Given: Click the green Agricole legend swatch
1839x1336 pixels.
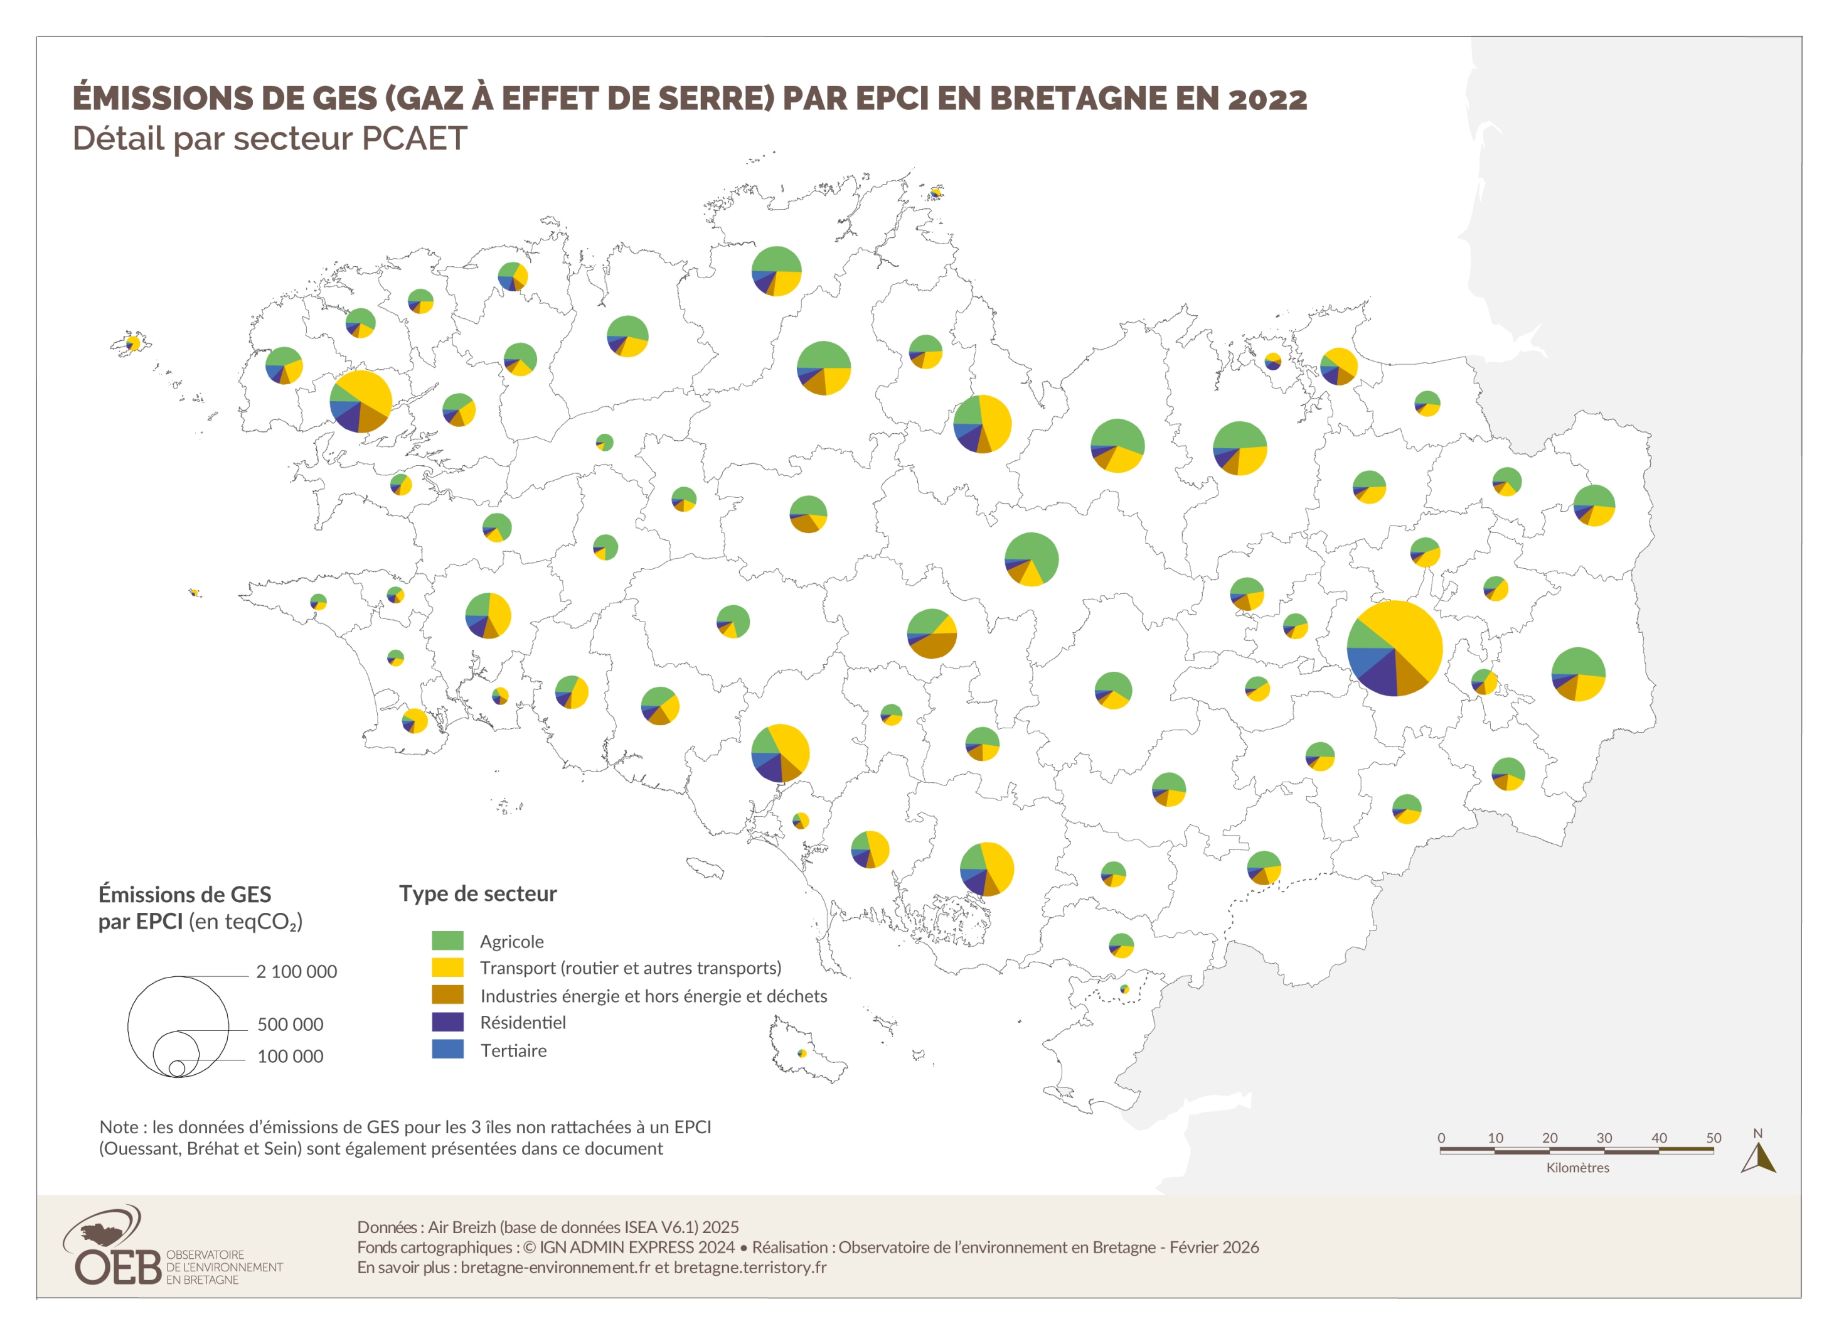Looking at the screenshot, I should point(447,941).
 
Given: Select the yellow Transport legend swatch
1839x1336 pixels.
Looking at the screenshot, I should point(447,967).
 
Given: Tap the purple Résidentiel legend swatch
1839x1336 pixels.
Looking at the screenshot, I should point(447,1022).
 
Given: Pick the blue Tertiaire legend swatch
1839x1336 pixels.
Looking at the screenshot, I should point(447,1050).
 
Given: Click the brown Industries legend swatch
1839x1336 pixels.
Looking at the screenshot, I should point(447,995).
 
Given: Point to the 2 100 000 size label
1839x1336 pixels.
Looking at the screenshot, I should point(296,972).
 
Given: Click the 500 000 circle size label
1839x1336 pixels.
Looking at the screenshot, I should point(291,1025).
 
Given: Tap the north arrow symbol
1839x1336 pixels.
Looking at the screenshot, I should point(1758,1158).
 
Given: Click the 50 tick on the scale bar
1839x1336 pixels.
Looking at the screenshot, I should point(1714,1138).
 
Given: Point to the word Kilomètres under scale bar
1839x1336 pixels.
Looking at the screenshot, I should point(1577,1168).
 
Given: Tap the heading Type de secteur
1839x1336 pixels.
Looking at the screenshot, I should point(477,894).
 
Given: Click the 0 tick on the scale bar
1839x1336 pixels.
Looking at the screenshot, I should point(1441,1138).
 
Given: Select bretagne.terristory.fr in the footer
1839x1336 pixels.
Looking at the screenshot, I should point(750,1268).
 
